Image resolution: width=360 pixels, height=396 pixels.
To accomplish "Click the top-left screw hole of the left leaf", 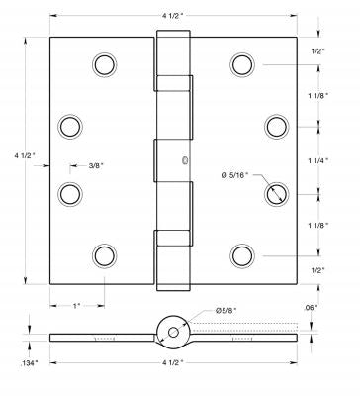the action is pyautogui.click(x=105, y=64).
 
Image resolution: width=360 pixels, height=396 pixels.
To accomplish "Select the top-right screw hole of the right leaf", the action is pyautogui.click(x=242, y=64).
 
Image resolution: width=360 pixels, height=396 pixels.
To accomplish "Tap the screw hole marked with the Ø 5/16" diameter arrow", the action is pyautogui.click(x=277, y=194).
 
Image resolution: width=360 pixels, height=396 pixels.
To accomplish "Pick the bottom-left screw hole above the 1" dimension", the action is pyautogui.click(x=105, y=256).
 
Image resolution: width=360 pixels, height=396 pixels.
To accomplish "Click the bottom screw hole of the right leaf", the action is pyautogui.click(x=242, y=256).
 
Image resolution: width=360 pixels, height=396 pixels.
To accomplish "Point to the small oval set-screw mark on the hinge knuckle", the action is pyautogui.click(x=185, y=160).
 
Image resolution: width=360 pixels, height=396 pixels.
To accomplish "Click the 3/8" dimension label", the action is pyautogui.click(x=96, y=165).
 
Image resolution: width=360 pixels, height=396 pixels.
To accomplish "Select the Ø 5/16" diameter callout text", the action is pyautogui.click(x=234, y=175).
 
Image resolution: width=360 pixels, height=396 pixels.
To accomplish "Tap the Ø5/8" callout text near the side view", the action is pyautogui.click(x=226, y=310).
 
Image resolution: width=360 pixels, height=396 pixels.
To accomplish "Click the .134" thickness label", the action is pyautogui.click(x=29, y=363).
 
